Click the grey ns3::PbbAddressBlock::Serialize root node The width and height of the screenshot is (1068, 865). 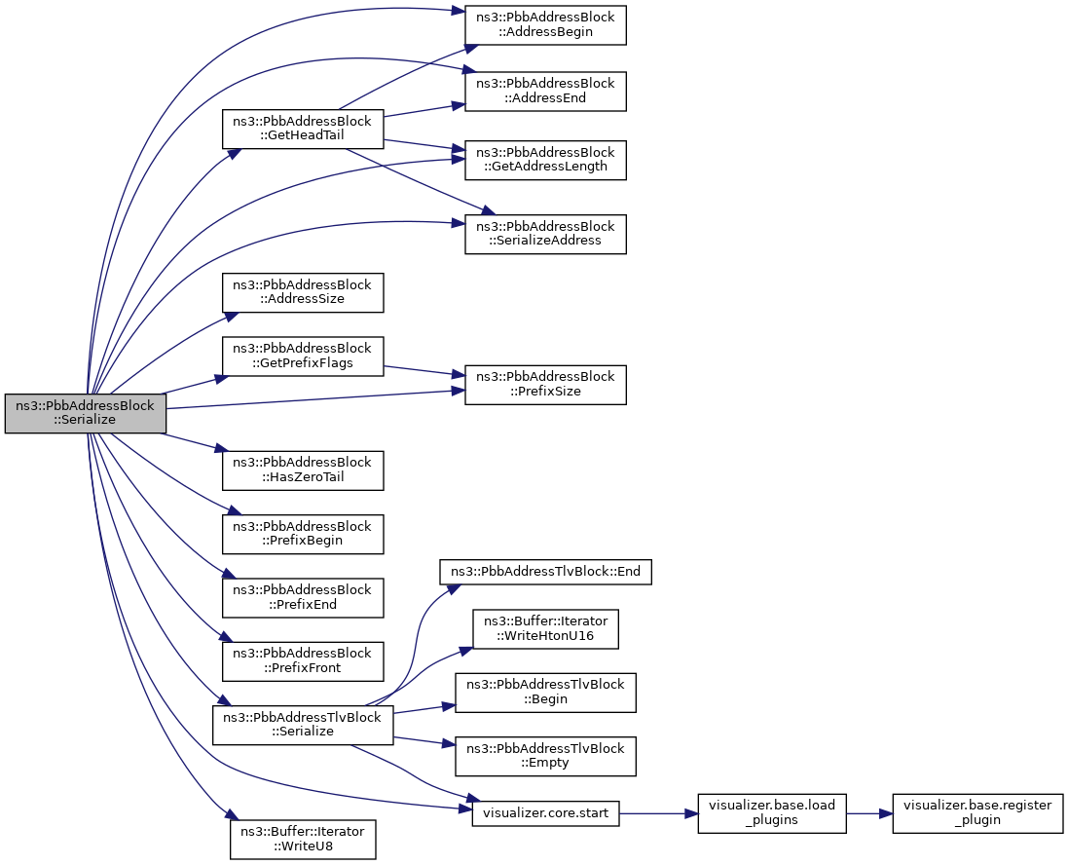pos(85,412)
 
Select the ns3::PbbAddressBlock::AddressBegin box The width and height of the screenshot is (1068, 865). pos(545,25)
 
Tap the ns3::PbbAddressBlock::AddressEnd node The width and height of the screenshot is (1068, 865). pos(545,91)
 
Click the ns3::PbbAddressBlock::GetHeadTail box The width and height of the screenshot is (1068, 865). pos(303,129)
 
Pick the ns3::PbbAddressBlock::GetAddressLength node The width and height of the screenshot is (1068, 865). pos(545,160)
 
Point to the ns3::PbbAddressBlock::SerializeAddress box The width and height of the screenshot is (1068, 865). pos(545,234)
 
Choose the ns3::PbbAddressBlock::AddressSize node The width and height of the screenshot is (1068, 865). pos(303,292)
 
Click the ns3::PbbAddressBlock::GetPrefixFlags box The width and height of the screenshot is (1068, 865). pos(303,356)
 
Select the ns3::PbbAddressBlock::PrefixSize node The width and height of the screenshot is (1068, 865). pos(545,385)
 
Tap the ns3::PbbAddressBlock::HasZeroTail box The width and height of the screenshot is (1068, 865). pos(303,470)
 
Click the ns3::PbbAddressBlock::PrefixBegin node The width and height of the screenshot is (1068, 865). pos(303,534)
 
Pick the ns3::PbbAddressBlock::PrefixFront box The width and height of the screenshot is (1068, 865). pos(303,661)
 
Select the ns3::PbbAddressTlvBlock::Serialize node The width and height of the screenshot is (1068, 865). pos(303,725)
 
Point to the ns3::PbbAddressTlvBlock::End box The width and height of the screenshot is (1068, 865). pos(545,571)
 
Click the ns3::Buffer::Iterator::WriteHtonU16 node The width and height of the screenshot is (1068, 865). pos(545,629)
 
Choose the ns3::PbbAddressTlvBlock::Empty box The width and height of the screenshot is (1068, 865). pos(545,756)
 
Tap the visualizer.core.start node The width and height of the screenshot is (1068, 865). pos(545,814)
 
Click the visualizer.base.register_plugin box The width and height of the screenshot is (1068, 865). pos(977,813)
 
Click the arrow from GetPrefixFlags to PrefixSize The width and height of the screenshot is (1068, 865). pos(424,371)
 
